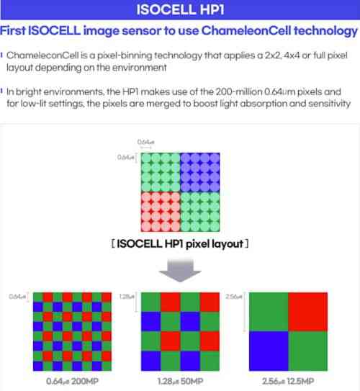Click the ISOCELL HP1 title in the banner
click(x=180, y=9)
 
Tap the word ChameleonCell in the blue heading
click(x=246, y=31)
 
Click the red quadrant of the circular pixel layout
click(x=161, y=212)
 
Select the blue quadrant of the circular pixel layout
click(x=200, y=172)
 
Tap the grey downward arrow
click(x=180, y=271)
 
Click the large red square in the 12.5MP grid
click(x=308, y=312)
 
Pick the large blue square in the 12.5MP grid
click(x=269, y=351)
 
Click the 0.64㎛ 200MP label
click(x=72, y=381)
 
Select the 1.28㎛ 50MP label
click(x=180, y=381)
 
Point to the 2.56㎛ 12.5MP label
click(x=288, y=381)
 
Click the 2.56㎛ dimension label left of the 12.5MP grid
click(x=234, y=297)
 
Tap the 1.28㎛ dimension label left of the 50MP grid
click(x=127, y=297)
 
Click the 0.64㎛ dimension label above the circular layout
click(x=146, y=142)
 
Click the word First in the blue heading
click(x=13, y=31)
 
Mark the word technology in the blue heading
click(x=326, y=31)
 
